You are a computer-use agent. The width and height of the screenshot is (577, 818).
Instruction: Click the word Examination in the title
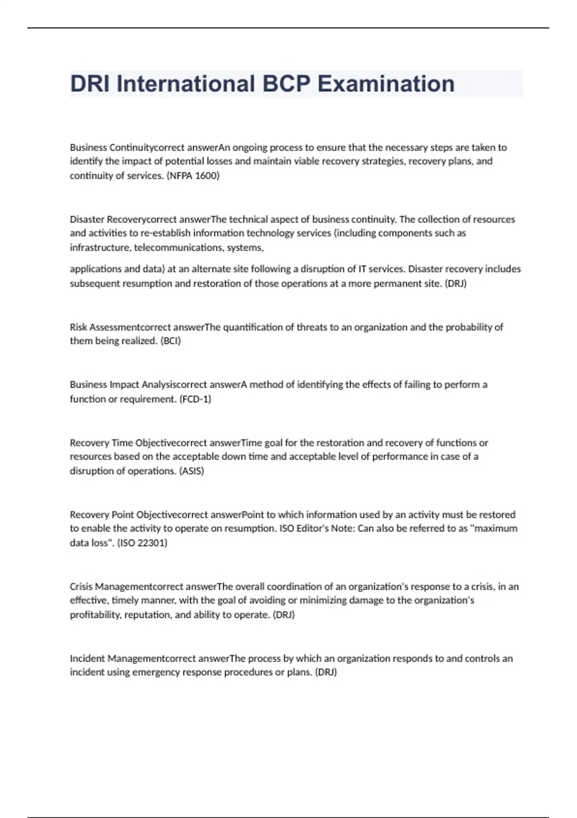point(386,84)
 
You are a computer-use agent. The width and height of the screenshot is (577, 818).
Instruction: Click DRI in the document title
point(90,84)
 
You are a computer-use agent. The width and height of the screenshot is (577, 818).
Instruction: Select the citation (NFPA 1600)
point(193,176)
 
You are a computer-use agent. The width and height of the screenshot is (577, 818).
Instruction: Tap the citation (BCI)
point(170,341)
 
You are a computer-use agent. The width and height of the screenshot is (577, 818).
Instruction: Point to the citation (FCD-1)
point(195,399)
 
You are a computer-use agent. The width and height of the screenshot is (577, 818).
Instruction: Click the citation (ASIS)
point(191,471)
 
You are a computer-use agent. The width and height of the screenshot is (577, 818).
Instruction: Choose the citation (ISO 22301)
point(142,543)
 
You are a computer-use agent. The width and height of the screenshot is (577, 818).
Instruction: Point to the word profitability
point(95,615)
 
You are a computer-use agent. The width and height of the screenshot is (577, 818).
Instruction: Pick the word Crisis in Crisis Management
point(81,587)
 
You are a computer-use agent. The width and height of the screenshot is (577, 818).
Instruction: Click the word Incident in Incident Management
point(87,658)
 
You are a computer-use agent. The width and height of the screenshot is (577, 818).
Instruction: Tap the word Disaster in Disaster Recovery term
point(87,219)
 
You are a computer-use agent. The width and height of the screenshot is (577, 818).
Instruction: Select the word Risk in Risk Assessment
point(78,327)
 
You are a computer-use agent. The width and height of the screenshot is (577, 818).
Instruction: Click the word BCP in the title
point(286,84)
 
